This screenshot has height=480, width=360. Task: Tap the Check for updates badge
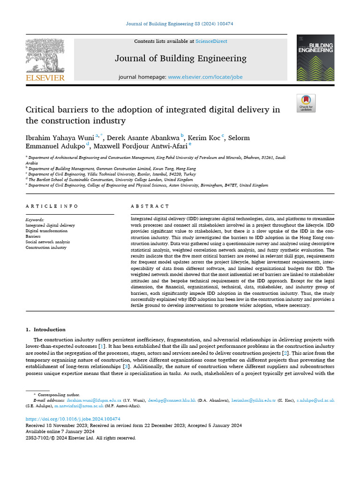click(306, 103)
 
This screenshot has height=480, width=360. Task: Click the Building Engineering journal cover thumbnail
click(315, 58)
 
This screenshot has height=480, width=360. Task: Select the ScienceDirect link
click(211, 41)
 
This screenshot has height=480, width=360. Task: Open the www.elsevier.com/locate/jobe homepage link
click(205, 76)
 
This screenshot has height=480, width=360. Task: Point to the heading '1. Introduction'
click(45, 330)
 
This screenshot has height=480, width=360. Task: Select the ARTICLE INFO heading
click(52, 206)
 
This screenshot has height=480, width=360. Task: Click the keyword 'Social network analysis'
click(47, 242)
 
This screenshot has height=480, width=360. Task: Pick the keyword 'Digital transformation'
click(46, 231)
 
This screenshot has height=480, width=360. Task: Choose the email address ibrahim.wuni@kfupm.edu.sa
click(94, 401)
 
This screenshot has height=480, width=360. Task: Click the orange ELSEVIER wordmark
click(45, 78)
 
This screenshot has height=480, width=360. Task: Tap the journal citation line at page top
click(180, 23)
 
